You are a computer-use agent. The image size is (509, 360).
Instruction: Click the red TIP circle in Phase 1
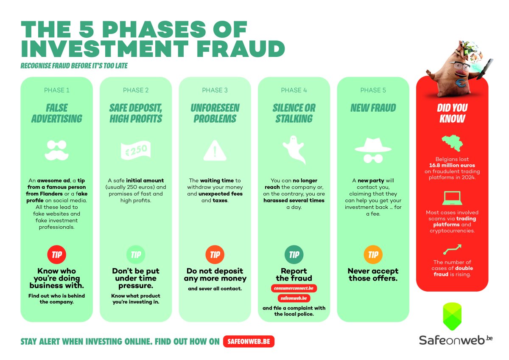[56, 254]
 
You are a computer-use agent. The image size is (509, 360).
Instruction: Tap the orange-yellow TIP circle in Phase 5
[373, 254]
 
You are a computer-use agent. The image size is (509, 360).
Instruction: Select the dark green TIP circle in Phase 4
[294, 254]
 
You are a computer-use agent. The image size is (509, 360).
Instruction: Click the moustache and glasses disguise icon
[56, 150]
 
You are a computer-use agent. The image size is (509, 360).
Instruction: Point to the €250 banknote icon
[136, 150]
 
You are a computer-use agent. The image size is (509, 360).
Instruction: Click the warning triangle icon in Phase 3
[215, 151]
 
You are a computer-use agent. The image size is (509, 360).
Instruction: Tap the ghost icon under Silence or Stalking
[294, 149]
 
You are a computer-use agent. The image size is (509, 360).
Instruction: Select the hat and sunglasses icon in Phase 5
[373, 150]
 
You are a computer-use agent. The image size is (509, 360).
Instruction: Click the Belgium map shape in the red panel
[452, 143]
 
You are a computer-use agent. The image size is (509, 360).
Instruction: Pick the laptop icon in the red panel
[452, 198]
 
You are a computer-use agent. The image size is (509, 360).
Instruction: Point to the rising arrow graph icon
[452, 250]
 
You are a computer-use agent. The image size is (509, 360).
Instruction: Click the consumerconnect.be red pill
[294, 288]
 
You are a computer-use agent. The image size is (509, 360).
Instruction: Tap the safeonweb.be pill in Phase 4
[294, 298]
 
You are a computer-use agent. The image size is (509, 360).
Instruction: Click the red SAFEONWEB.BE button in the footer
[249, 341]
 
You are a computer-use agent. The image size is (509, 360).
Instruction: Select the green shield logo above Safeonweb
[452, 316]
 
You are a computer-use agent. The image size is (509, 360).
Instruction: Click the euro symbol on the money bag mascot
[460, 83]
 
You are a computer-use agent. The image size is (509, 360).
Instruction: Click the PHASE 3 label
[215, 90]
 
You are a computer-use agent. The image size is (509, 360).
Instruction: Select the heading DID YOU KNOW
[452, 113]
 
